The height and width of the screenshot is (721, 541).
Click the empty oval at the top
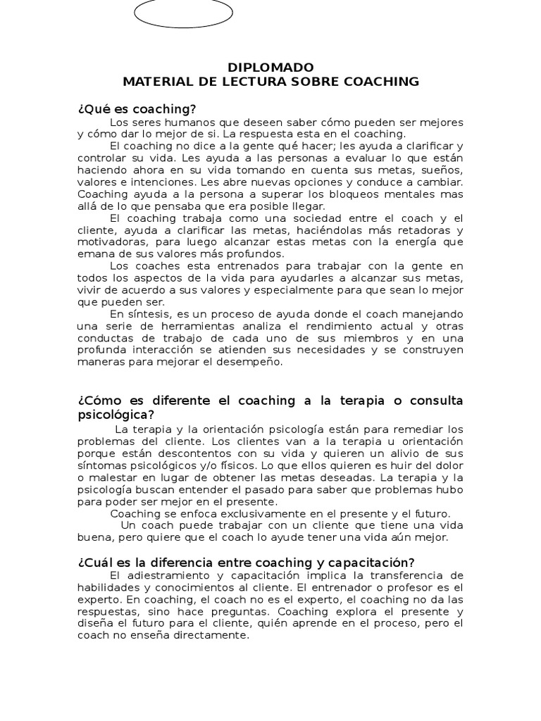click(x=182, y=13)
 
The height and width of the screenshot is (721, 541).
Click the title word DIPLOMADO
click(x=270, y=68)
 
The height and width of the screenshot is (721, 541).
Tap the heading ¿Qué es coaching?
click(x=137, y=109)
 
